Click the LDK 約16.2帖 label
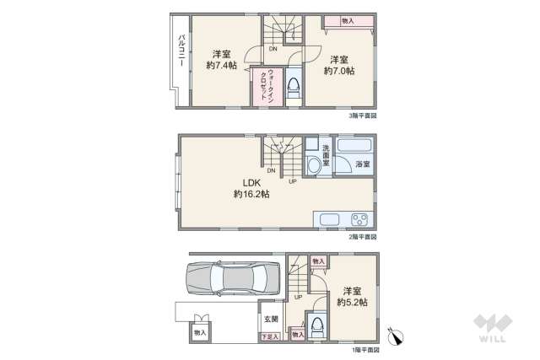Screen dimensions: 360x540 pyautogui.click(x=251, y=188)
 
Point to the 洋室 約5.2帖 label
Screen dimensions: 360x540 pyautogui.click(x=351, y=295)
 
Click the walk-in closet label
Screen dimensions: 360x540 pyautogui.click(x=262, y=84)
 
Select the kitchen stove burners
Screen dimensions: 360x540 pyautogui.click(x=360, y=221)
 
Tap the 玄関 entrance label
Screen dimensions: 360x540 pyautogui.click(x=269, y=319)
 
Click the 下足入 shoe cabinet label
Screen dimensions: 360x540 pyautogui.click(x=267, y=336)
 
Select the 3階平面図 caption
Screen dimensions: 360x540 pyautogui.click(x=362, y=116)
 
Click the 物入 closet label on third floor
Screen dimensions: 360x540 pyautogui.click(x=348, y=19)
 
